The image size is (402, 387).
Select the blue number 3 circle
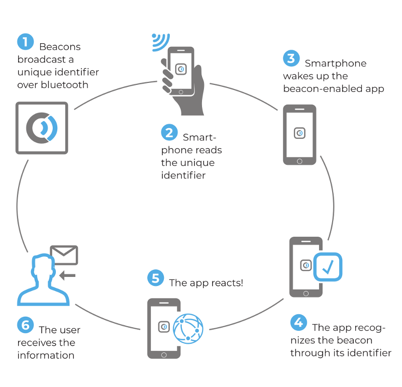pyautogui.click(x=291, y=58)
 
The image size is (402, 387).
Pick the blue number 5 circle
pyautogui.click(x=155, y=278)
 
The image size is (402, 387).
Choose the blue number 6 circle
pyautogui.click(x=25, y=325)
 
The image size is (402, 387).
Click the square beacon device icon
pyautogui.click(x=42, y=128)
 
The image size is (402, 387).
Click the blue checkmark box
pyautogui.click(x=328, y=267)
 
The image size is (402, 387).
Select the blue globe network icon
pyautogui.click(x=188, y=328)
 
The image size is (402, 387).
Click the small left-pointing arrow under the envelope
pyautogui.click(x=67, y=275)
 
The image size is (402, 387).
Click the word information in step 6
pyautogui.click(x=46, y=355)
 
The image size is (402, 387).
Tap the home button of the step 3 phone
pyautogui.click(x=299, y=161)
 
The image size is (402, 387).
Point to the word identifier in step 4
pyautogui.click(x=368, y=353)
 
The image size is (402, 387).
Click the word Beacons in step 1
pyautogui.click(x=60, y=47)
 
